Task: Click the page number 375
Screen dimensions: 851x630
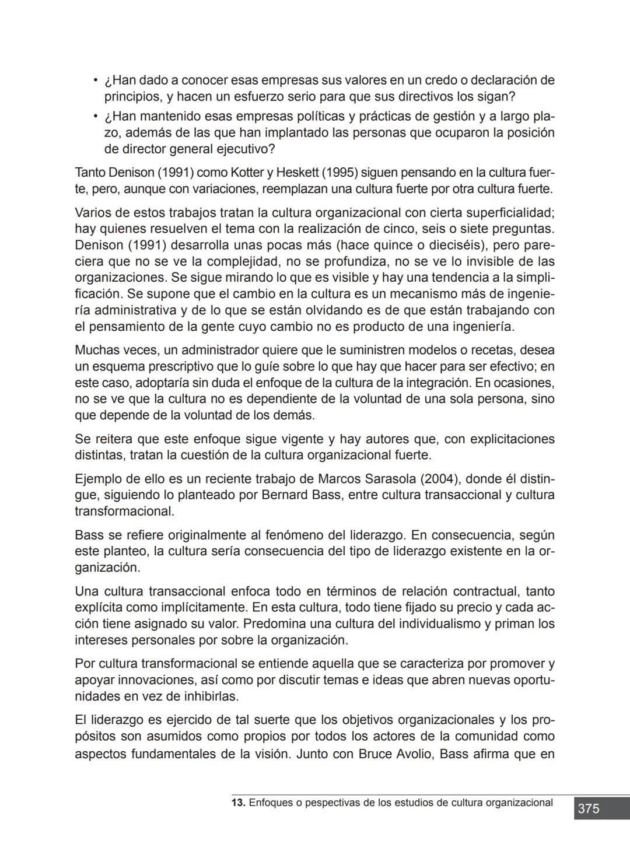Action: (588, 809)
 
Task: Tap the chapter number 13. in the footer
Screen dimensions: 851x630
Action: (238, 803)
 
